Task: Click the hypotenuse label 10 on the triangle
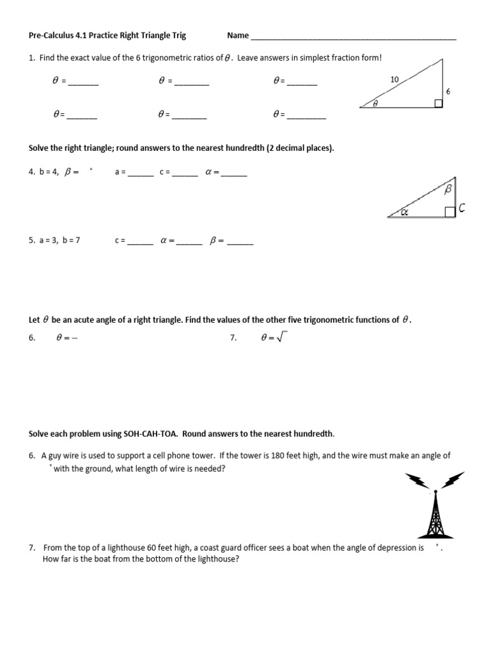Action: (x=394, y=80)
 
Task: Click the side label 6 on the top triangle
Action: (x=448, y=92)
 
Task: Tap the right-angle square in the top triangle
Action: (x=438, y=103)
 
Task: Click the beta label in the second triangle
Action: (x=448, y=189)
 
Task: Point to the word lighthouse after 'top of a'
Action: (x=125, y=548)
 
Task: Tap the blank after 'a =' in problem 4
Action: (x=140, y=174)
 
